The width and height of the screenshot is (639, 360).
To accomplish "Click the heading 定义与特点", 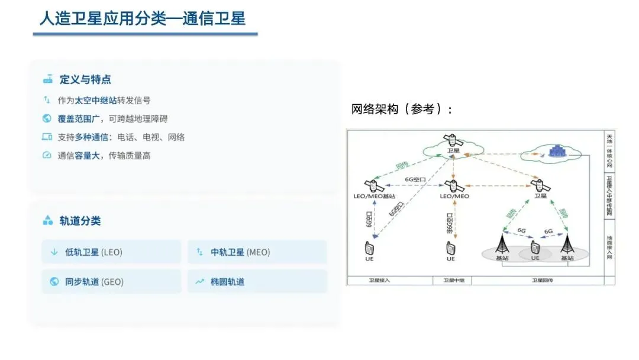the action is [85, 79].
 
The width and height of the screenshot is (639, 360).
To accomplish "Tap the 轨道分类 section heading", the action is [80, 221].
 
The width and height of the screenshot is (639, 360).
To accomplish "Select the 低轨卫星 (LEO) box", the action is [111, 252].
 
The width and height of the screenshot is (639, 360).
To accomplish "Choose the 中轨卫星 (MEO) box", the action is [257, 252].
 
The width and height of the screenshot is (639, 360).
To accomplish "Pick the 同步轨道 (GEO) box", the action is [111, 282].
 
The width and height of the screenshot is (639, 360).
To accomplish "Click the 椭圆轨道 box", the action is [257, 282].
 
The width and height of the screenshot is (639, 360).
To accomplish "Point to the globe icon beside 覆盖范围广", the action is [47, 118].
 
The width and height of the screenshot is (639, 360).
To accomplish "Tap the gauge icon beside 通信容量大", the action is [47, 155].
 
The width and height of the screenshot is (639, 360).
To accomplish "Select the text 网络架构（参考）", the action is [402, 110].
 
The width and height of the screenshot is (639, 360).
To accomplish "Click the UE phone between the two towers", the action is [535, 247].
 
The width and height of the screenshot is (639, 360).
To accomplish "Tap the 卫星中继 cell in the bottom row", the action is [454, 281].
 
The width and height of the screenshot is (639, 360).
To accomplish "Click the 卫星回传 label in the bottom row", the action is [544, 281].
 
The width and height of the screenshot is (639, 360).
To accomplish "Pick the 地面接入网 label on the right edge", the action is [609, 248].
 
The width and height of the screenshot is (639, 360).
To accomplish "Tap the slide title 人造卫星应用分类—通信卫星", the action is [143, 18].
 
